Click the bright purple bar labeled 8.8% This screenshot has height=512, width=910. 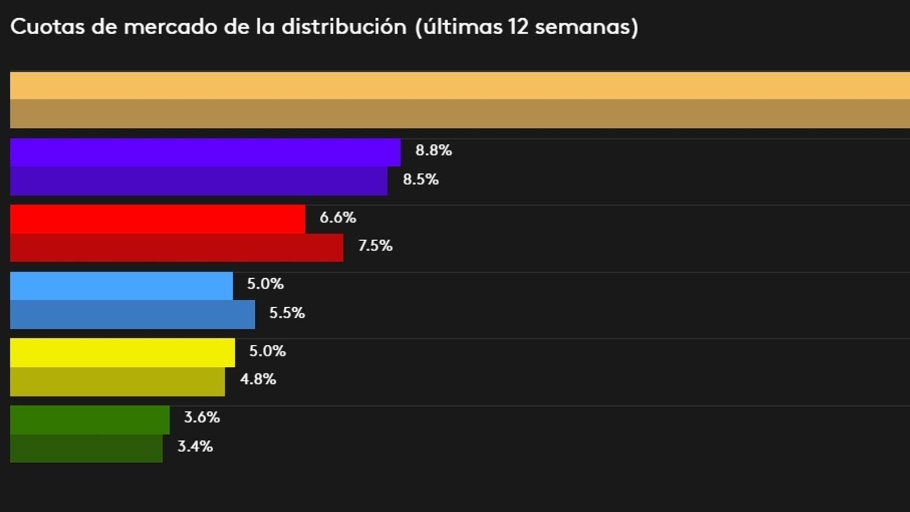coord(205,152)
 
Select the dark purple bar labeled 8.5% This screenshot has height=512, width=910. coord(198,181)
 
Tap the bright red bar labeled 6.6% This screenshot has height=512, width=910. coord(158,219)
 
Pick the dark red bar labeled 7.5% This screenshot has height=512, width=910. coord(176,247)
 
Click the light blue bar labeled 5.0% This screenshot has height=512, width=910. coord(121,286)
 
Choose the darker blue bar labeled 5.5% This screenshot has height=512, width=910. coord(133,315)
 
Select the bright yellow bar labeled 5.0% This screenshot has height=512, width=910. coord(122,353)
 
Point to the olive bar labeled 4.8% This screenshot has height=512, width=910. coord(117,381)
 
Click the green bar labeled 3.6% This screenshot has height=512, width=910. coord(90,419)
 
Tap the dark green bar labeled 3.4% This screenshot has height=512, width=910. coord(86,448)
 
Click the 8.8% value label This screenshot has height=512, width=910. coord(433,150)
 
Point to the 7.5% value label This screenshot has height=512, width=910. coord(375,246)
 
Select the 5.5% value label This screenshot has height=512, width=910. coord(287,313)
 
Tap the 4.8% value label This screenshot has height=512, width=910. coord(258,379)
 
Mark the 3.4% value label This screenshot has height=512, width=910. coord(195,447)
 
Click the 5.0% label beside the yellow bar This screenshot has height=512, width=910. coord(267,351)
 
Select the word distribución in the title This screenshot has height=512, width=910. coord(344,27)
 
